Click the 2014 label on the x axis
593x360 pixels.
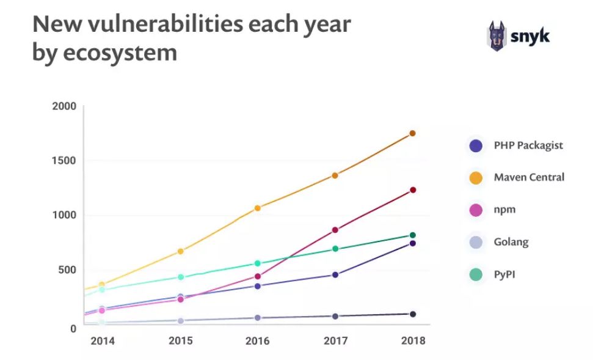pos(102,341)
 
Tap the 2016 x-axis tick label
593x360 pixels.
pos(257,341)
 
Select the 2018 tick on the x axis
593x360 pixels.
pos(412,341)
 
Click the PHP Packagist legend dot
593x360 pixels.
pos(476,145)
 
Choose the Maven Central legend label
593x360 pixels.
pos(529,177)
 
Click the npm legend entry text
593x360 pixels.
pos(504,209)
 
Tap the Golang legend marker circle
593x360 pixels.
pos(476,242)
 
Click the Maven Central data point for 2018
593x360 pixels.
pos(412,133)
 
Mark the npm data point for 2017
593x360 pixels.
pos(335,230)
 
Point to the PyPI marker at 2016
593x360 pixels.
pos(257,263)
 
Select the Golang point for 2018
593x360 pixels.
pos(413,314)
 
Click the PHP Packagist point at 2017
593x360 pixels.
pos(335,274)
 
